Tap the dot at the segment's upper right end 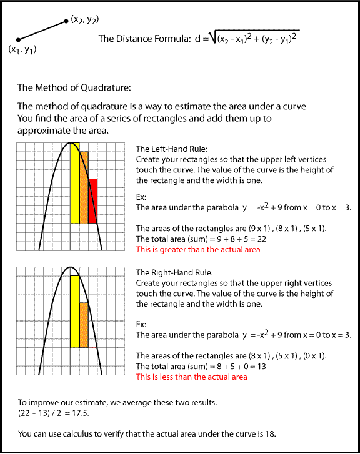tap(66, 22)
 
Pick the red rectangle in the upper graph tap(93, 201)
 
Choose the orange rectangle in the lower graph tap(84, 325)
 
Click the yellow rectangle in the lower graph tap(75, 310)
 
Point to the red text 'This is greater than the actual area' tap(197, 250)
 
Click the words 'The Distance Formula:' tap(141, 39)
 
